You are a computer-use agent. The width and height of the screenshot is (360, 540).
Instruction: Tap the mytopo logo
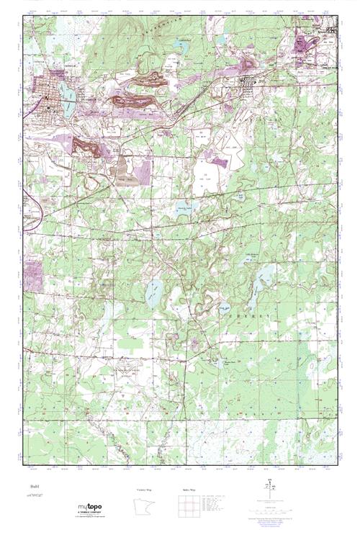point(94,509)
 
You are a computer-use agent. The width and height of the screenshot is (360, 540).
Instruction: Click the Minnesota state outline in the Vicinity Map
point(147,507)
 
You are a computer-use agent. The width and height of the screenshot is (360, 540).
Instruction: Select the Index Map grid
point(189,507)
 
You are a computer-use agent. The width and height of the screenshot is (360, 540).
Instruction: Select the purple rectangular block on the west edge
point(33,273)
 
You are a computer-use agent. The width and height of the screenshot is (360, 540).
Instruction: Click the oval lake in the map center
point(153,292)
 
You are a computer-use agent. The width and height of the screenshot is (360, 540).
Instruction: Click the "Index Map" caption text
point(189,490)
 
